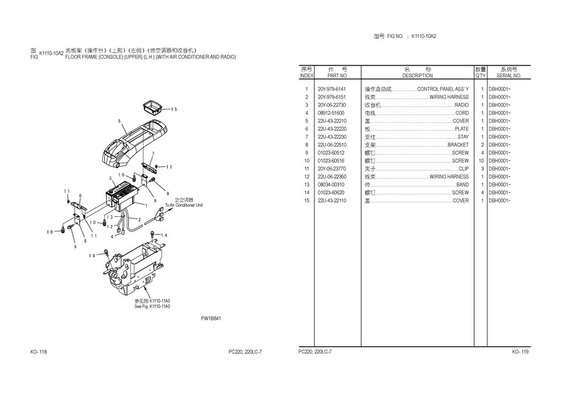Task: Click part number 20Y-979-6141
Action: pos(331,89)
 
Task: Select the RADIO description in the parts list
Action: pos(461,105)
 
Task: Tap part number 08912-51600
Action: pos(331,113)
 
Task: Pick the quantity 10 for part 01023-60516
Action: pos(481,161)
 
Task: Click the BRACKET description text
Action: pos(458,145)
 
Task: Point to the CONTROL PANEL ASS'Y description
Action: pos(443,89)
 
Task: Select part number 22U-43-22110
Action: pos(331,201)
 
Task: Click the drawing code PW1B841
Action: pos(210,318)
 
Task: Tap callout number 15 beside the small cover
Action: pos(174,109)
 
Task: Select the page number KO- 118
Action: pos(38,352)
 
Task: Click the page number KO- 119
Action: pos(520,352)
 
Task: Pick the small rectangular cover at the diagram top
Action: pos(152,106)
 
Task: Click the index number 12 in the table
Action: pos(307,177)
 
